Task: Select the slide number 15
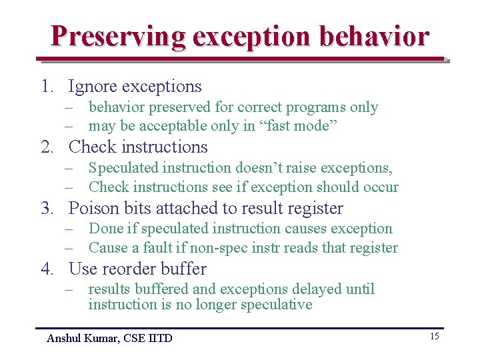coord(434,336)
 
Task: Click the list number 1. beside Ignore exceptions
coord(46,87)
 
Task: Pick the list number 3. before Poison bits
coord(47,209)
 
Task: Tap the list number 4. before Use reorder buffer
coord(47,269)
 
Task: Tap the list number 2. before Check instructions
coord(47,147)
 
